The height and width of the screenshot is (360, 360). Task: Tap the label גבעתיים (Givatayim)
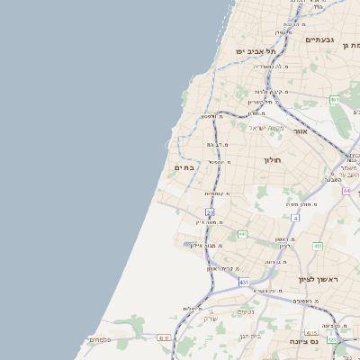point(320,40)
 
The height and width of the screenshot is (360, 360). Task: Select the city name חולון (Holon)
point(273,160)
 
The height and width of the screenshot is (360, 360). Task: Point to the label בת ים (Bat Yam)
point(184,167)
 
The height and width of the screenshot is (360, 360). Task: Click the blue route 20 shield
point(210,212)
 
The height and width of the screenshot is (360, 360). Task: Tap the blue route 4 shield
point(295,218)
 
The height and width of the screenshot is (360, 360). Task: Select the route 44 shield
point(346,191)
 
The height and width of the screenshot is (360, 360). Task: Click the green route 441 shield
point(242,234)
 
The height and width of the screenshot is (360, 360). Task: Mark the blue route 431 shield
point(244,282)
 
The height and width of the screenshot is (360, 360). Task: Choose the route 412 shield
point(318,246)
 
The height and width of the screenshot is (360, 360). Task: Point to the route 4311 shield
point(163,337)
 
